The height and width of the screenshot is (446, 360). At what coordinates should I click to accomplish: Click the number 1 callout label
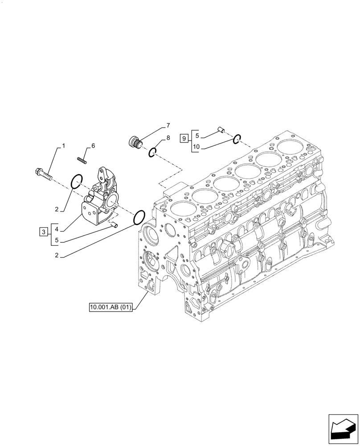63,146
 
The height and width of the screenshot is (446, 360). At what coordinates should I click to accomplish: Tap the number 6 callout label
93,146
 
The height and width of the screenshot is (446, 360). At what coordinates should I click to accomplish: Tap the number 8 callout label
168,138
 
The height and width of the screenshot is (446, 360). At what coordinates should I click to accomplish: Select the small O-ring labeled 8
152,153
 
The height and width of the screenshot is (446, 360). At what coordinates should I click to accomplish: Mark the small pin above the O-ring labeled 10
220,130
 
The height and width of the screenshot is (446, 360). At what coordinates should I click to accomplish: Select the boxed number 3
43,231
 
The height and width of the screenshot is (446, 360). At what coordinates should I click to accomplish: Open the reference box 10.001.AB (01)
111,307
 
